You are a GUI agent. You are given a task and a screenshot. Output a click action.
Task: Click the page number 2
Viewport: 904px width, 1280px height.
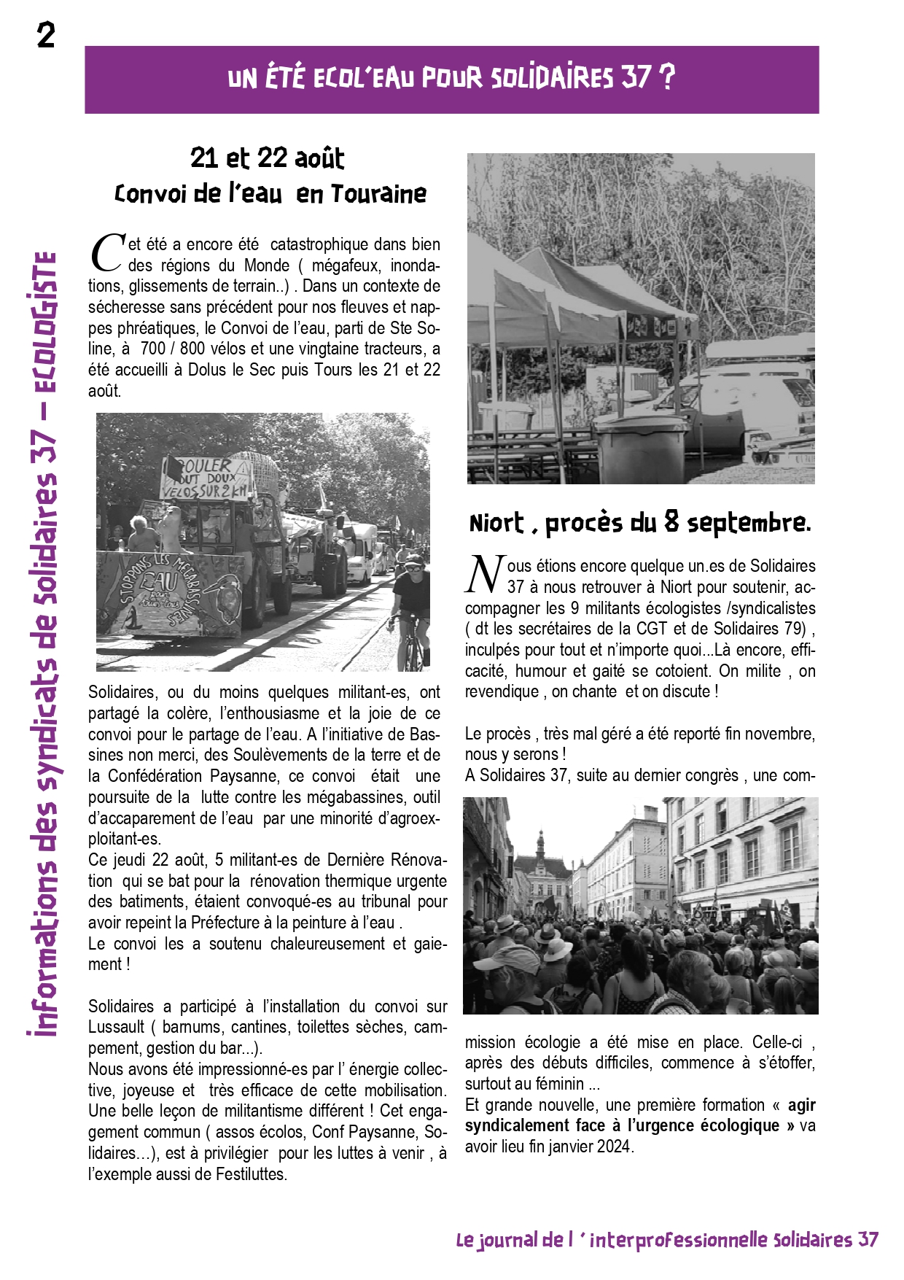pyautogui.click(x=46, y=35)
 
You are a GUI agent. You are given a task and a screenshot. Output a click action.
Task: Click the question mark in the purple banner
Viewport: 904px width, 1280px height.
pyautogui.click(x=666, y=77)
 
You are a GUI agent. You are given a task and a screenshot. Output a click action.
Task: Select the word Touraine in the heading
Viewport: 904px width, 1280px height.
pyautogui.click(x=378, y=194)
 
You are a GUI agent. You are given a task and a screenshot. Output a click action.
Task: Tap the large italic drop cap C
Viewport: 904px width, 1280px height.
pyautogui.click(x=107, y=252)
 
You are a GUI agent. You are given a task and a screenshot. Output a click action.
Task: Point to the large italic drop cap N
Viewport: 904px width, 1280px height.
pyautogui.click(x=484, y=574)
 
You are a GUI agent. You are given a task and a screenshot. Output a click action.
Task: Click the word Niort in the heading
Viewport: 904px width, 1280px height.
pyautogui.click(x=496, y=523)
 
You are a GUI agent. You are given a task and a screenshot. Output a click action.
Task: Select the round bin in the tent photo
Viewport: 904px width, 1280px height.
pyautogui.click(x=642, y=446)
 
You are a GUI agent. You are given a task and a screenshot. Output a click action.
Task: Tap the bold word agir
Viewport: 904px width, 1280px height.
pyautogui.click(x=801, y=1105)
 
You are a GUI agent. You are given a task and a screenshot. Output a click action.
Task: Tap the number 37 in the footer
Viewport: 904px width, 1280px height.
pyautogui.click(x=868, y=1240)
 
